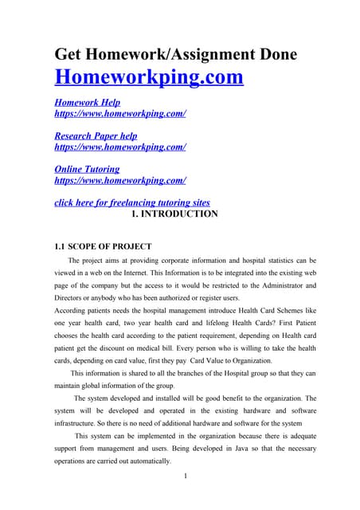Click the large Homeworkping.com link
148,78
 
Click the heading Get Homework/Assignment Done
175,54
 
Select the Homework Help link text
87,104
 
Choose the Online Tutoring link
87,169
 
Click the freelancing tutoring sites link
131,202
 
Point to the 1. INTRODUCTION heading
173,214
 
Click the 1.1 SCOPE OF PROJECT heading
103,246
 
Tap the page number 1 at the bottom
185,477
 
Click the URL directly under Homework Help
119,114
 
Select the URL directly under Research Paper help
119,147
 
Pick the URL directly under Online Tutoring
119,180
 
